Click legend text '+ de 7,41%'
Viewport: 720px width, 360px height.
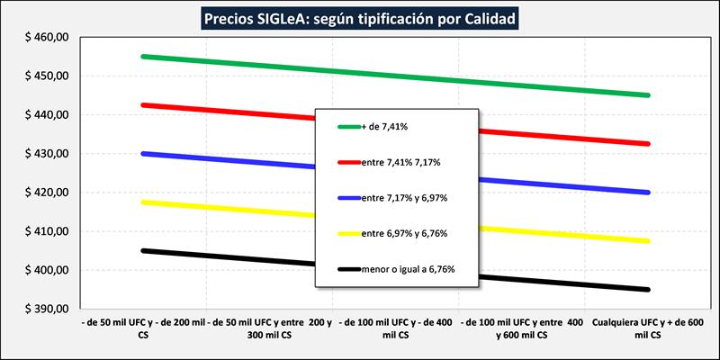[384, 127]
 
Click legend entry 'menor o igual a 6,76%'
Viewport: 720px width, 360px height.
[408, 268]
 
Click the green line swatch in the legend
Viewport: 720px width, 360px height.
[347, 127]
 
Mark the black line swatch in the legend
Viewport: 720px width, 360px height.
[347, 268]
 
